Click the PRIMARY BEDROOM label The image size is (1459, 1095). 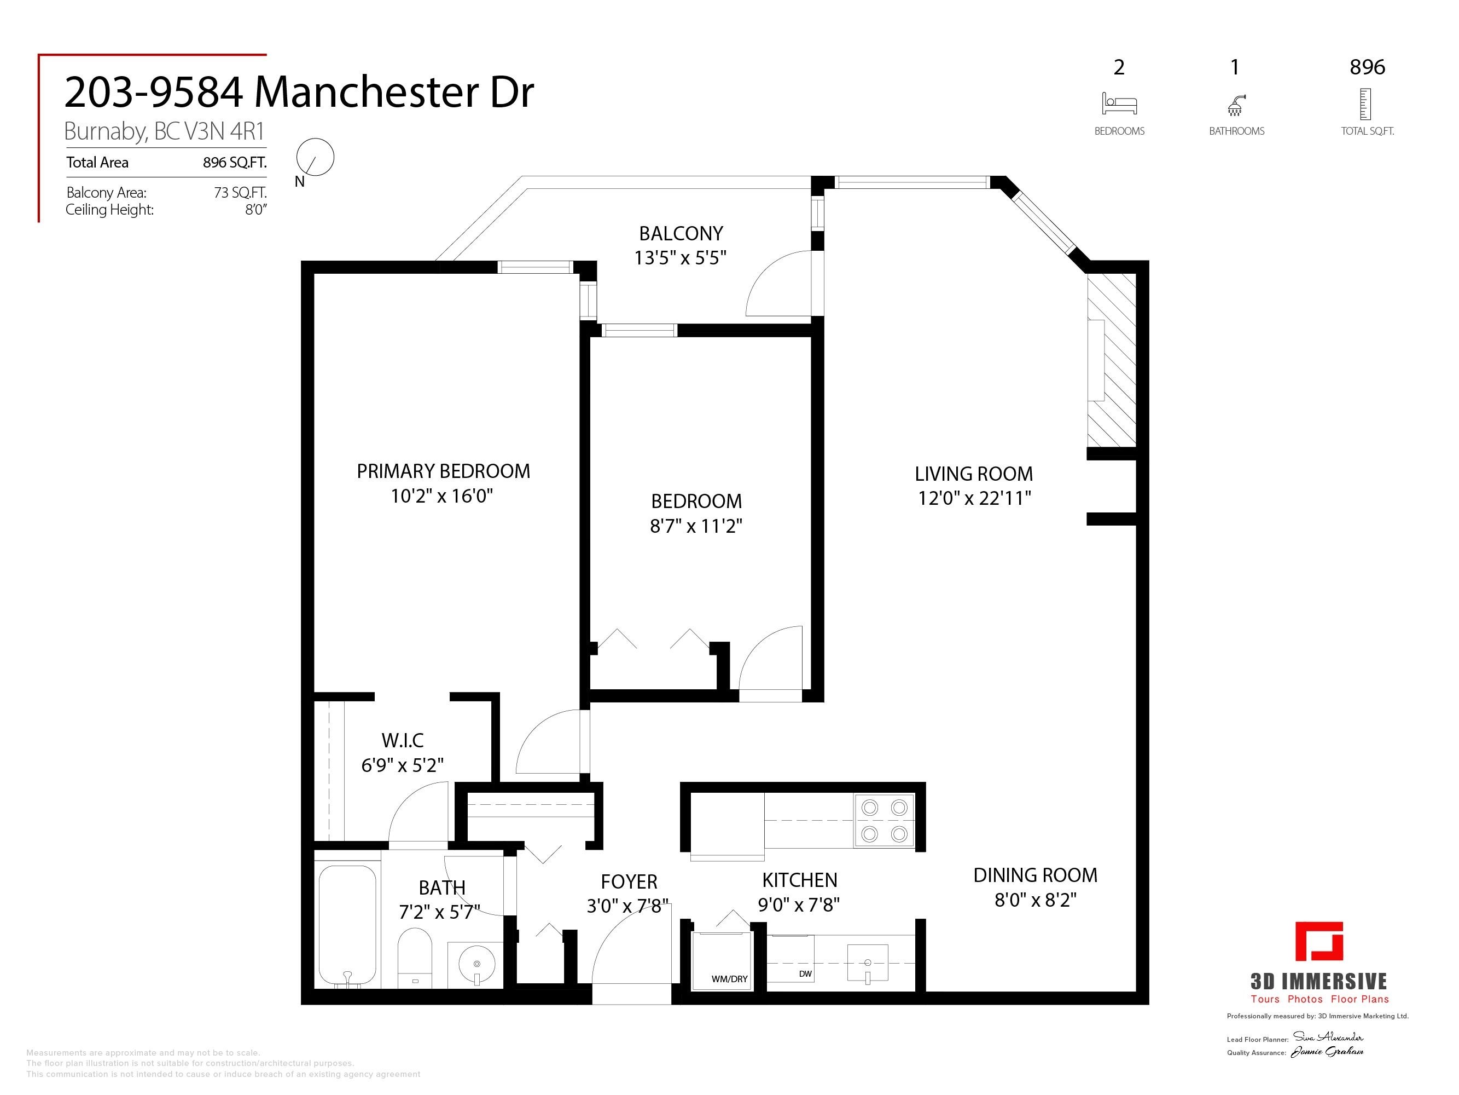pyautogui.click(x=443, y=471)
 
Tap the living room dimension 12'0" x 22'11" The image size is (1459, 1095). pyautogui.click(x=974, y=498)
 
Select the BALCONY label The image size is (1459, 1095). pyautogui.click(x=681, y=233)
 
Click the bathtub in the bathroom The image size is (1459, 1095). pyautogui.click(x=347, y=925)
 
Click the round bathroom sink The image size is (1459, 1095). pyautogui.click(x=476, y=964)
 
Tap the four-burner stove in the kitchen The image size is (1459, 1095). pyautogui.click(x=885, y=820)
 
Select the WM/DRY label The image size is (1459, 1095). pyautogui.click(x=729, y=979)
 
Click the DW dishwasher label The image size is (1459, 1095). pyautogui.click(x=805, y=973)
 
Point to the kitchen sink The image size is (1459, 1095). pyautogui.click(x=867, y=963)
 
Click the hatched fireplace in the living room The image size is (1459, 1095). pyautogui.click(x=1112, y=360)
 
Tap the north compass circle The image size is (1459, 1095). pyautogui.click(x=315, y=157)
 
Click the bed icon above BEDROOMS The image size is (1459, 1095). pyautogui.click(x=1119, y=103)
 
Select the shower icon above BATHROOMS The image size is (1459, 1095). pyautogui.click(x=1235, y=104)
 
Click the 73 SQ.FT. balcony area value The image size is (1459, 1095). pyautogui.click(x=240, y=193)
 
